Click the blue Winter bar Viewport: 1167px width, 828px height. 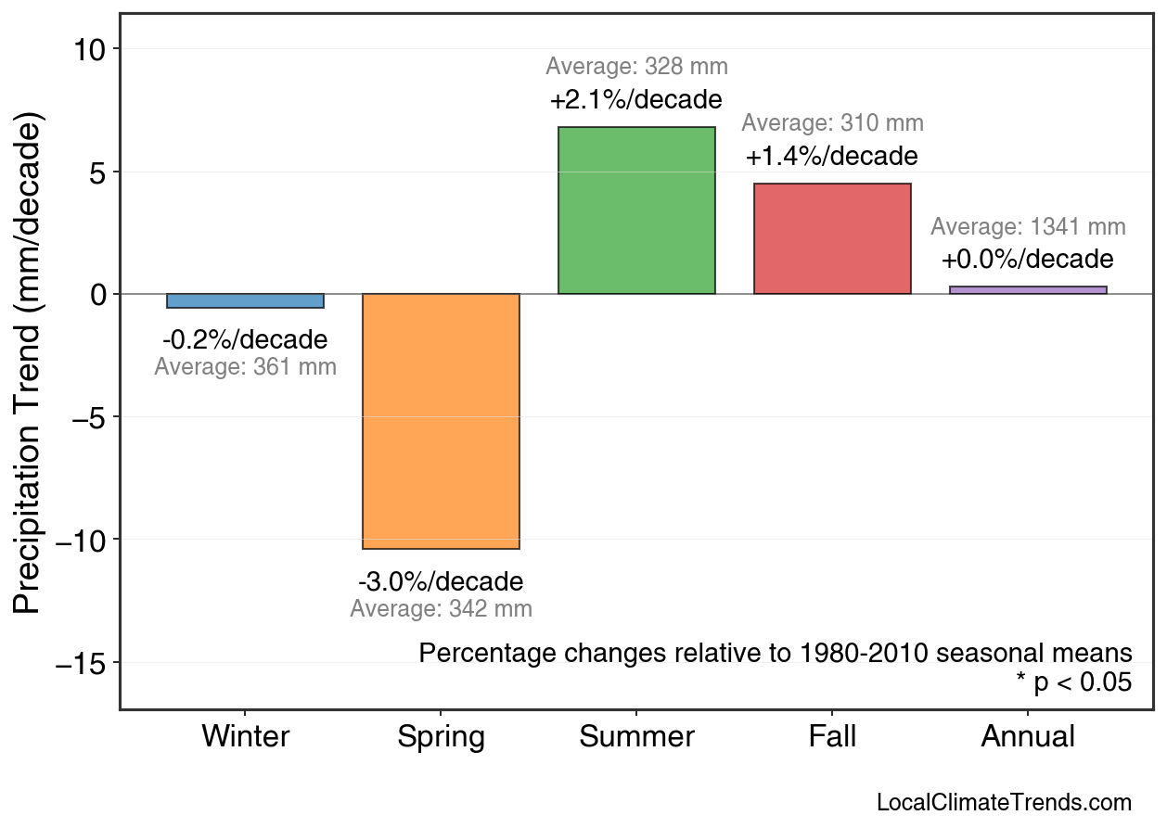point(245,300)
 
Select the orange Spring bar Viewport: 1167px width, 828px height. point(441,421)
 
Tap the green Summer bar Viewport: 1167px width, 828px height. point(636,210)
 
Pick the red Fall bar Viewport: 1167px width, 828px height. point(832,238)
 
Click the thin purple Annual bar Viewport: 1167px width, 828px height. point(1028,290)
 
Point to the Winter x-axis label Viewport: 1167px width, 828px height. point(245,737)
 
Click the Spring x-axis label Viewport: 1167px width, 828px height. point(441,737)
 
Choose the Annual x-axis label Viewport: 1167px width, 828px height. point(1028,737)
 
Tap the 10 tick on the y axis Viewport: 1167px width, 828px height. point(92,49)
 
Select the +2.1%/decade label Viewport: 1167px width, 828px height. point(636,99)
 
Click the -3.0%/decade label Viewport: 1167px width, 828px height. point(441,582)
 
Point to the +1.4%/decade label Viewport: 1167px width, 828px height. point(832,156)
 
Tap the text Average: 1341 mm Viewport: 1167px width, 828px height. point(1028,227)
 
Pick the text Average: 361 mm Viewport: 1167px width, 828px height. point(245,367)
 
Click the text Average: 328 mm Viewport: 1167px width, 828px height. point(636,67)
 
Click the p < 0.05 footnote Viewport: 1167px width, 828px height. point(1074,682)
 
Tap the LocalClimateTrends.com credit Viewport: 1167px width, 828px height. point(1004,803)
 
